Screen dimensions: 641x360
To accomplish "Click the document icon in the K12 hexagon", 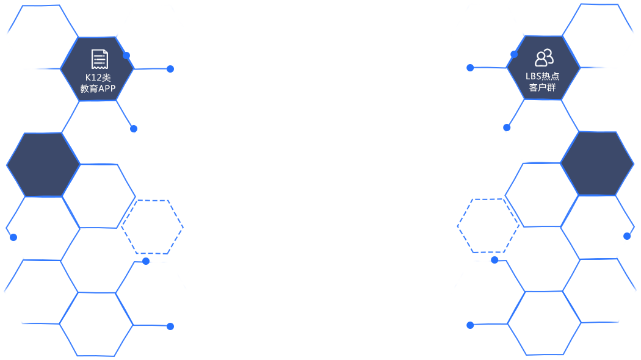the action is [x=100, y=59].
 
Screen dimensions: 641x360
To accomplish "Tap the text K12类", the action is [x=98, y=77].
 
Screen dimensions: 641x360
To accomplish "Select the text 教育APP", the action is [x=98, y=88].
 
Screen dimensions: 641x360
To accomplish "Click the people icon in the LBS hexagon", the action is [x=544, y=58].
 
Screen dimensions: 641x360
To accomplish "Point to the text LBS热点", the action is [x=543, y=76].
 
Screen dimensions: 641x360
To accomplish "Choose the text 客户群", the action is [x=543, y=87].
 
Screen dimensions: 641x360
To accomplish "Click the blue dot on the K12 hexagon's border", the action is [x=126, y=56].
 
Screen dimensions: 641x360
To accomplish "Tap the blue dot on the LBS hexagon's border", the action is [x=514, y=54].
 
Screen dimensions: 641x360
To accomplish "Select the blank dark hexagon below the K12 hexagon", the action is [x=43, y=165].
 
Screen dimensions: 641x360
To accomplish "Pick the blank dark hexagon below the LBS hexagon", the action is [x=597, y=164].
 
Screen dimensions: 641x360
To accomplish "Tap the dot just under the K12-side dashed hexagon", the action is [x=146, y=261].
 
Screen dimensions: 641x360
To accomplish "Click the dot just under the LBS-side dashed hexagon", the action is [x=494, y=260].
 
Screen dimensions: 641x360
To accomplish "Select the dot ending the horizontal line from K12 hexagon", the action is [x=170, y=69].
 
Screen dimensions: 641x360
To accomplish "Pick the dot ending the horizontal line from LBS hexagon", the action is [x=470, y=68].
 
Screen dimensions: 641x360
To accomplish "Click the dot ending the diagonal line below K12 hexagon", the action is [x=134, y=129].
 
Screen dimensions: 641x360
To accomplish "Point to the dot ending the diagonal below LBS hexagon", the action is [x=507, y=128].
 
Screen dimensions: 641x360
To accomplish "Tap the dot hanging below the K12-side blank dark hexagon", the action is [x=13, y=237].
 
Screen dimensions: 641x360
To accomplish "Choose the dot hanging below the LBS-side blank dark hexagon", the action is [x=627, y=236].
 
